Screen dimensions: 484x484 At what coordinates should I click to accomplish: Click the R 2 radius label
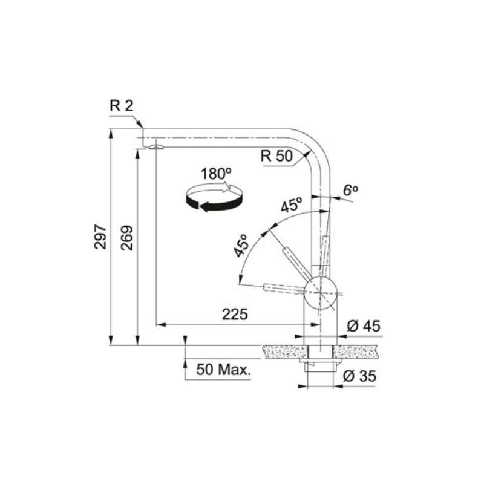(122, 105)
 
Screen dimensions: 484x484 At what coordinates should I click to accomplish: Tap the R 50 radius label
(276, 156)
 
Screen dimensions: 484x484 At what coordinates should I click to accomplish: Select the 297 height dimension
(100, 237)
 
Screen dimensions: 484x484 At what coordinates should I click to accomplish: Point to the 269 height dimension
(127, 238)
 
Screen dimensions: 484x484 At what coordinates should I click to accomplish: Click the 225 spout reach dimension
(235, 314)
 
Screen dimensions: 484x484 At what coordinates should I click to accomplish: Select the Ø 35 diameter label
(359, 376)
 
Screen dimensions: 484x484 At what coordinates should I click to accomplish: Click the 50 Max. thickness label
(223, 370)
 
